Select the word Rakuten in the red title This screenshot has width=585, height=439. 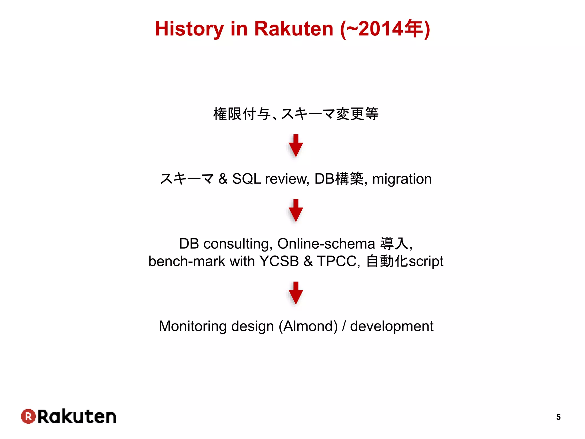[x=294, y=29]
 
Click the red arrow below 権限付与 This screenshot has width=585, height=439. [x=296, y=146]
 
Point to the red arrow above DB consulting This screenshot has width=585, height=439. [x=296, y=211]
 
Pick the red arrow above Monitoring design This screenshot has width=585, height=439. [x=296, y=293]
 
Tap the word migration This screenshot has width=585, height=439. [x=402, y=179]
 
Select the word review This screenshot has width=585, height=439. [x=287, y=179]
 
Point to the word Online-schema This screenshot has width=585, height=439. [x=326, y=244]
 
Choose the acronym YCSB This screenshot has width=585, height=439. [x=279, y=261]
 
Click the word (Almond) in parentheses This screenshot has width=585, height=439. [x=308, y=326]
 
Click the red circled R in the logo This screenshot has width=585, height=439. [x=28, y=416]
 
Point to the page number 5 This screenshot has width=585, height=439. [x=558, y=417]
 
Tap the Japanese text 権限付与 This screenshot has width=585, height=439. [x=242, y=114]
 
